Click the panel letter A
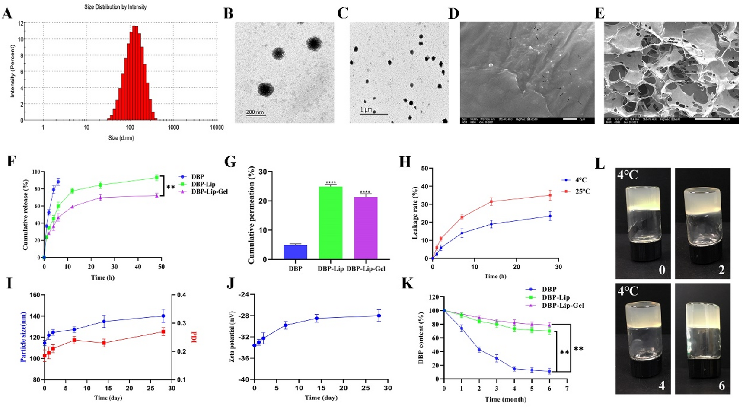(x=7, y=14)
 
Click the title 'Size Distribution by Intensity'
(x=115, y=7)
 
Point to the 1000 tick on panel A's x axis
(x=173, y=127)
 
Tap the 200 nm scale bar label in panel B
(x=255, y=112)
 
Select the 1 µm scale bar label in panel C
(x=366, y=110)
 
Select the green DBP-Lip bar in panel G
(x=330, y=223)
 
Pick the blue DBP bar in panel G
(x=295, y=252)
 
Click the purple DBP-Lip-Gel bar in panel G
(x=366, y=228)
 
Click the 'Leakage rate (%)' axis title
(x=415, y=213)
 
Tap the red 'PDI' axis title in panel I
(x=194, y=337)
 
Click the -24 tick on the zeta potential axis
(x=244, y=295)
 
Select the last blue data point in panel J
(x=379, y=316)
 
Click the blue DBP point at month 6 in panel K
(x=549, y=371)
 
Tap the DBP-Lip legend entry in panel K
(x=555, y=297)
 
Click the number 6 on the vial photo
(x=721, y=385)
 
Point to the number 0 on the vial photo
(x=662, y=271)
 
